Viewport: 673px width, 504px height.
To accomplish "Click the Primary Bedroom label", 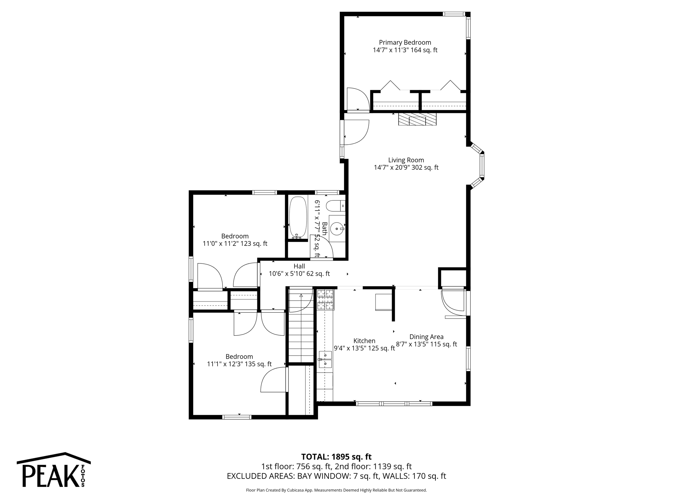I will coord(405,42).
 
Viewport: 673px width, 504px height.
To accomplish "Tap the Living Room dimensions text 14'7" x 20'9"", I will coord(406,167).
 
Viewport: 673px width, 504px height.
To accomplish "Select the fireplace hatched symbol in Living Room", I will coord(417,119).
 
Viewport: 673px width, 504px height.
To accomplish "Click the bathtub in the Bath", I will coord(298,217).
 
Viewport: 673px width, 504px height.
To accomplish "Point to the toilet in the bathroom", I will coord(335,206).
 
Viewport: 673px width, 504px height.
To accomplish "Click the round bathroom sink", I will coord(336,228).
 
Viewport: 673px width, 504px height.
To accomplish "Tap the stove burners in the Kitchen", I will coord(325,300).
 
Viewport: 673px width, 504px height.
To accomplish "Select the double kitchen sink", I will coord(325,359).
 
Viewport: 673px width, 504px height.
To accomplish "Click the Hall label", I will coord(299,266).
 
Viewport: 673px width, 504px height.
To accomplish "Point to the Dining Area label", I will coord(426,337).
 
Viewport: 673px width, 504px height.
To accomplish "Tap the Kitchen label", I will coord(364,341).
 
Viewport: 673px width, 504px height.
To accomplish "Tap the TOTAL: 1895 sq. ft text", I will coord(336,457).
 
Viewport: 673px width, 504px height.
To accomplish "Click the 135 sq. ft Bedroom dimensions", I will coord(239,364).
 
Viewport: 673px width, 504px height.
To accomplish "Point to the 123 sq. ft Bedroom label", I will coord(235,236).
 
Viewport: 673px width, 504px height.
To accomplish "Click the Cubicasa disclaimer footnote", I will coord(336,490).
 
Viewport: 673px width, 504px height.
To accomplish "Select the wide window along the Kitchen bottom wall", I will coord(394,404).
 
